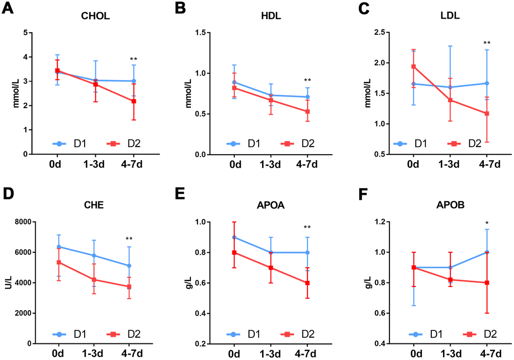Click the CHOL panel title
[x=95, y=16]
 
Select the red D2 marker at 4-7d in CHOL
[x=134, y=101]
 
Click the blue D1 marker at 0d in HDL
[x=234, y=82]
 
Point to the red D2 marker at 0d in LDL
[x=413, y=66]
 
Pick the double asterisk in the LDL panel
[x=487, y=43]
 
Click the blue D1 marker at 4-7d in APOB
[x=487, y=252]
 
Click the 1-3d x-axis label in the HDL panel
[x=272, y=164]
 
